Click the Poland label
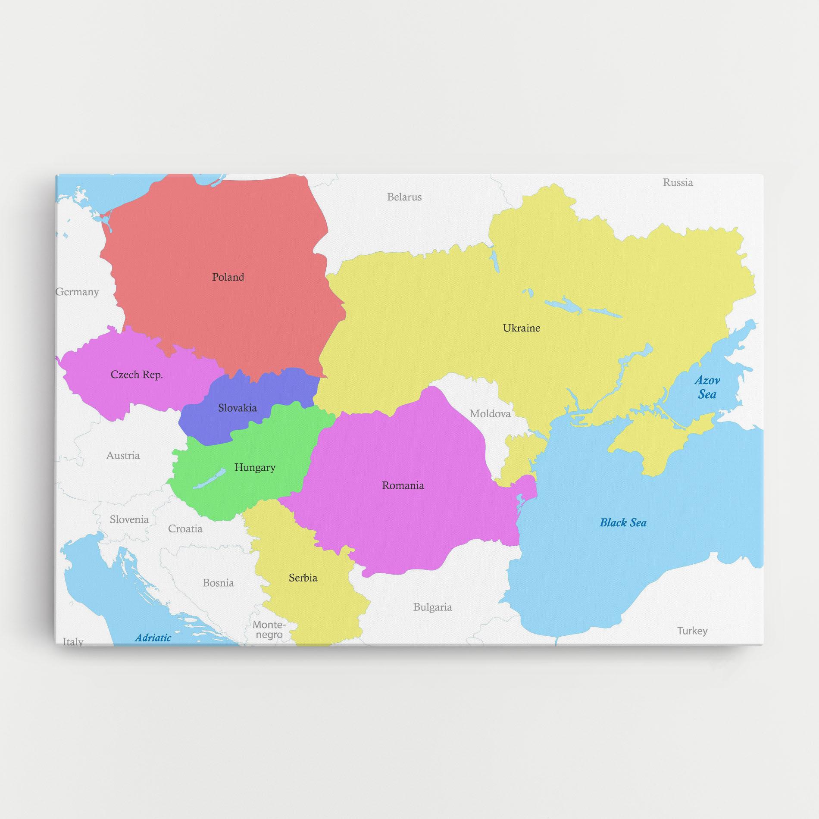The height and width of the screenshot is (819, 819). (x=228, y=277)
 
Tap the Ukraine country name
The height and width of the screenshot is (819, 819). (x=521, y=328)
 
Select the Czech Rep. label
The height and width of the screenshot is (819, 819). (x=137, y=375)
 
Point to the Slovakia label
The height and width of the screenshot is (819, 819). (x=237, y=408)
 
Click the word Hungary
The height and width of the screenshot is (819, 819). (x=255, y=467)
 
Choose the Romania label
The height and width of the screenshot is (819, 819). (x=403, y=485)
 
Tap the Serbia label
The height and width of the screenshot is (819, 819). (x=303, y=578)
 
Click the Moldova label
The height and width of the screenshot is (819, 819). (x=490, y=414)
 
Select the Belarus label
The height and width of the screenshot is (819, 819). (x=404, y=197)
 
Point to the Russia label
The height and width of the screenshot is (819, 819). (x=678, y=183)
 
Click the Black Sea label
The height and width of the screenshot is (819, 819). (x=623, y=523)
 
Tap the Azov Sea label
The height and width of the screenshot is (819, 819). (x=707, y=387)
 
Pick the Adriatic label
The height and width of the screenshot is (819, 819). (x=153, y=638)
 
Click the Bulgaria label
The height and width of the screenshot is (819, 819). (x=432, y=607)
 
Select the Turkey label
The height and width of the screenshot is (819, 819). (x=692, y=631)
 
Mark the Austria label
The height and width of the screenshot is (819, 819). (x=123, y=456)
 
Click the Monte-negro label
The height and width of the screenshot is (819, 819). (x=269, y=629)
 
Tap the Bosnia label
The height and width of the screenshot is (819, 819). (x=218, y=583)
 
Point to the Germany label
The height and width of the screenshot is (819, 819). (x=78, y=292)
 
